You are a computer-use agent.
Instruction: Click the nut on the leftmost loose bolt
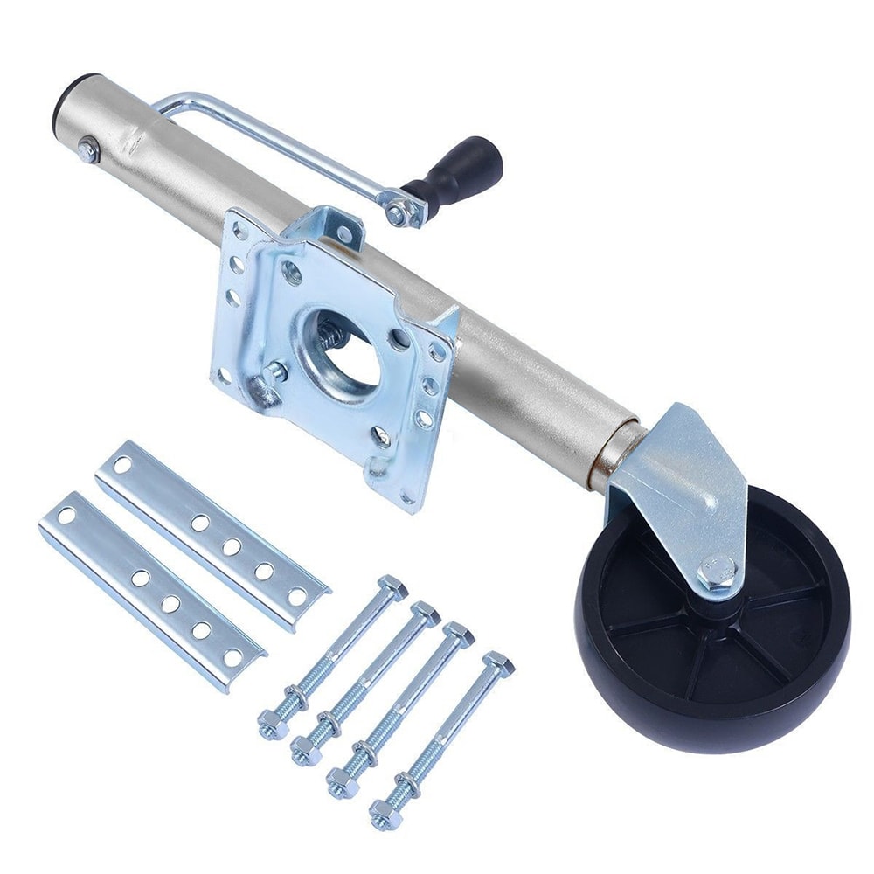[x=270, y=725]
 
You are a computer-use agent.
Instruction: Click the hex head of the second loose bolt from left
[x=426, y=613]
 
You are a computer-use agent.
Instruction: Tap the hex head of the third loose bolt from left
[x=459, y=633]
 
